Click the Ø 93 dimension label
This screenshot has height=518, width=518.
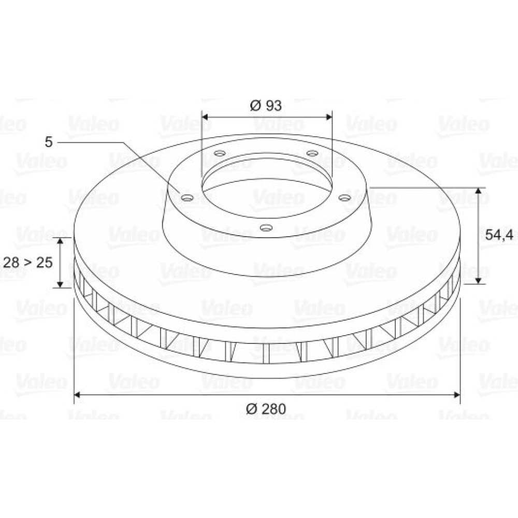[266, 105]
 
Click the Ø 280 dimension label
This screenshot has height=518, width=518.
[266, 409]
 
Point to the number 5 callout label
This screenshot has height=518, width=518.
[49, 142]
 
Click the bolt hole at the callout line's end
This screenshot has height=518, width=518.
[188, 198]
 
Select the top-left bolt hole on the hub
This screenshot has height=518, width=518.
[220, 153]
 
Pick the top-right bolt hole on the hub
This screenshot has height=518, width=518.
[312, 153]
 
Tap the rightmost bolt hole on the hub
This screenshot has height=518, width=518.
[345, 198]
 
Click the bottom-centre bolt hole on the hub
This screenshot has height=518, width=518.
[266, 227]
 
